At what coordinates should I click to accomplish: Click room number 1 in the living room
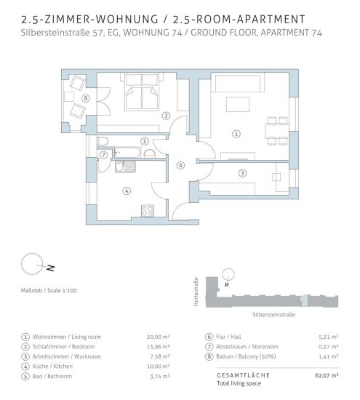(236, 134)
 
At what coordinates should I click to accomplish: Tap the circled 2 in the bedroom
(166, 116)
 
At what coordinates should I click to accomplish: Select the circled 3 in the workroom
(242, 174)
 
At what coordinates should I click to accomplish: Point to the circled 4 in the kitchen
(127, 191)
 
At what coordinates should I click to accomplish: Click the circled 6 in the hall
(180, 165)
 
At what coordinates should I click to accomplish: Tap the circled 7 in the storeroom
(103, 155)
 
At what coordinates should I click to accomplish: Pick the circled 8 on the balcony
(86, 98)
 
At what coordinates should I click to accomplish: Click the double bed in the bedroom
(142, 92)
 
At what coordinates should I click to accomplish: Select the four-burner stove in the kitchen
(148, 211)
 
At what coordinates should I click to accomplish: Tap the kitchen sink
(125, 167)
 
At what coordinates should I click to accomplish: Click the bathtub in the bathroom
(127, 153)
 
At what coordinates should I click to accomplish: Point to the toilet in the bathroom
(103, 141)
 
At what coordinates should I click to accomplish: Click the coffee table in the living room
(238, 104)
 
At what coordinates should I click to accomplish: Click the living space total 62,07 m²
(327, 375)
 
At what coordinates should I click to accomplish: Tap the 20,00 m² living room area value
(159, 337)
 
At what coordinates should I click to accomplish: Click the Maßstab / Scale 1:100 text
(49, 290)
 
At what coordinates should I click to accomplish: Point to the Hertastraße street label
(196, 292)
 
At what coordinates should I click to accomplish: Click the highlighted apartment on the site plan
(304, 301)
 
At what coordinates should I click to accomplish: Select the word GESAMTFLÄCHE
(243, 375)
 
